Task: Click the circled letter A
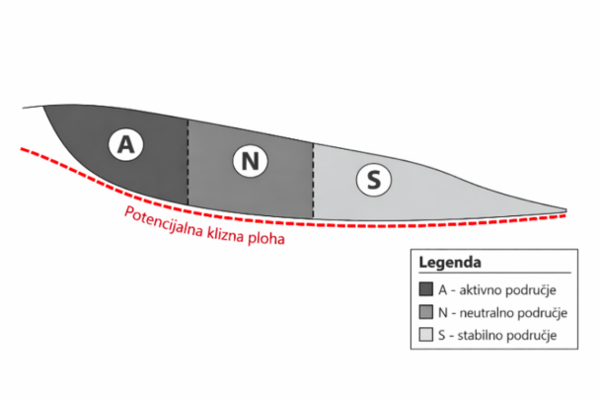coord(126,145)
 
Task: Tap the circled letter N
coord(251,160)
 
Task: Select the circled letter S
coord(374,179)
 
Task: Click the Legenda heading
coord(450,263)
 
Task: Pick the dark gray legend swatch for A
coord(426,289)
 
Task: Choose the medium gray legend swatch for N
coord(426,312)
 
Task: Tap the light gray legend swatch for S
coord(426,335)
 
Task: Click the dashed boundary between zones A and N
coord(187,162)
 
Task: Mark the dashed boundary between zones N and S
coord(313,181)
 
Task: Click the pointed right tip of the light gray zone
coord(566,210)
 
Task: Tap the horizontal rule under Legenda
coord(494,273)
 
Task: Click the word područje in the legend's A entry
coord(531,290)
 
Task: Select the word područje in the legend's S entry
coord(532,336)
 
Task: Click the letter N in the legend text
coord(443,313)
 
